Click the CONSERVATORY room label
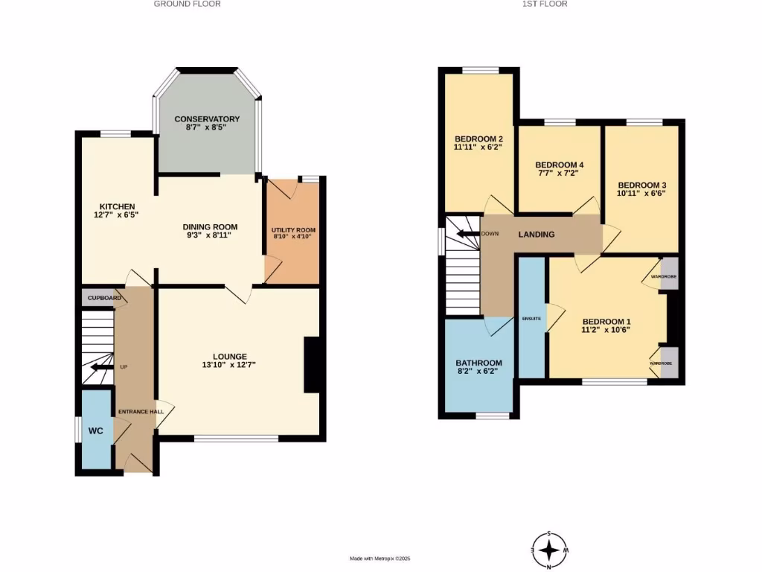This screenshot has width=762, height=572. [x=207, y=118]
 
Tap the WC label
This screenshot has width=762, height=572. [x=96, y=431]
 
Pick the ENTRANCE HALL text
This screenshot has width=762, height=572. [x=141, y=411]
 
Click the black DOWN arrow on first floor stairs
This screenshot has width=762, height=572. [x=467, y=234]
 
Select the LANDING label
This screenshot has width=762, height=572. [x=537, y=235]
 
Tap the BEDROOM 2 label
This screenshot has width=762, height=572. [x=479, y=139]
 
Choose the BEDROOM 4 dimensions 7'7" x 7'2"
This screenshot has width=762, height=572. [x=557, y=173]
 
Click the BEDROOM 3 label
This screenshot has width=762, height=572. [x=641, y=185]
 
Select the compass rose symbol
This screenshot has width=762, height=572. [x=549, y=550]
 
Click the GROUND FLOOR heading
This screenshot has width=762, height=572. [x=187, y=4]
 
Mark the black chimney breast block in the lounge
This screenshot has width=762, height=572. [x=313, y=365]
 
